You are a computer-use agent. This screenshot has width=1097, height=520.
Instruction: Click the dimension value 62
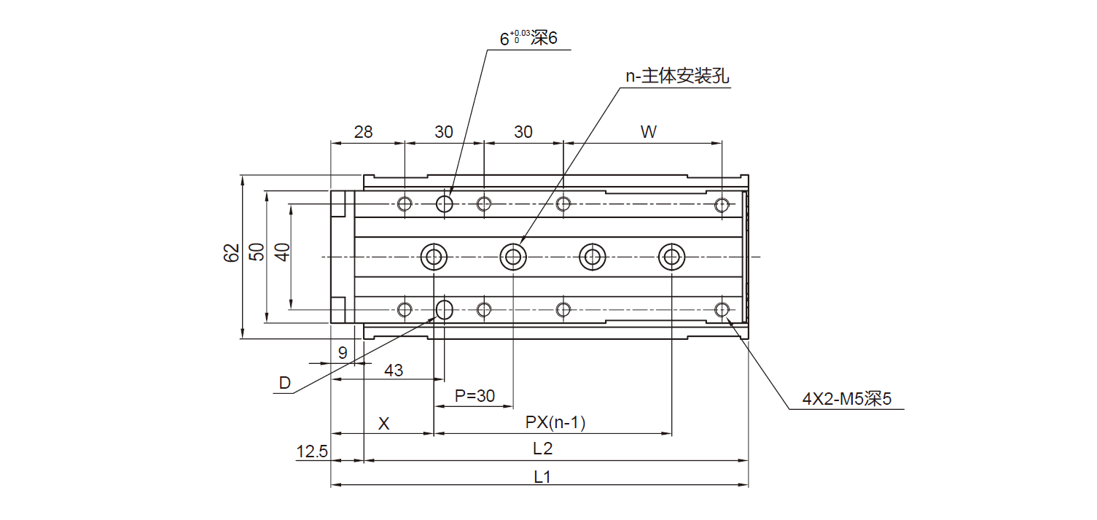[232, 253]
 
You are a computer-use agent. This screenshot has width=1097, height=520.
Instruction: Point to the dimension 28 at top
[363, 132]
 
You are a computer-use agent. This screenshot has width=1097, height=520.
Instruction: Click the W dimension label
[648, 132]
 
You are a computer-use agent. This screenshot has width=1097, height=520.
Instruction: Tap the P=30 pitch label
[475, 396]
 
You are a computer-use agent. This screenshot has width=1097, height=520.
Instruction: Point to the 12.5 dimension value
[312, 452]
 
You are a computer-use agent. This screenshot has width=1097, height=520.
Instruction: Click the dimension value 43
[394, 370]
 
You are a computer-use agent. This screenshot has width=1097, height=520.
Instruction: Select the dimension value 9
[343, 353]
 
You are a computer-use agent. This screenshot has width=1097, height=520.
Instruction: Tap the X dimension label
[384, 424]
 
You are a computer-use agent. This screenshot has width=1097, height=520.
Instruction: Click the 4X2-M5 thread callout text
[847, 399]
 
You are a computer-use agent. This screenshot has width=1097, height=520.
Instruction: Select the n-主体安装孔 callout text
[677, 77]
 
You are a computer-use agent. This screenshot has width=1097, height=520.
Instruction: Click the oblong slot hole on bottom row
[445, 309]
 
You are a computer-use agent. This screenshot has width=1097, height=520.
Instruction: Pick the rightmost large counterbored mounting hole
[671, 256]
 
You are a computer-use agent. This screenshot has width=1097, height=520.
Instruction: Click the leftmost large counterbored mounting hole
[434, 256]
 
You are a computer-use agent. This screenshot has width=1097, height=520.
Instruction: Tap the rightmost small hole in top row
[722, 204]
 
